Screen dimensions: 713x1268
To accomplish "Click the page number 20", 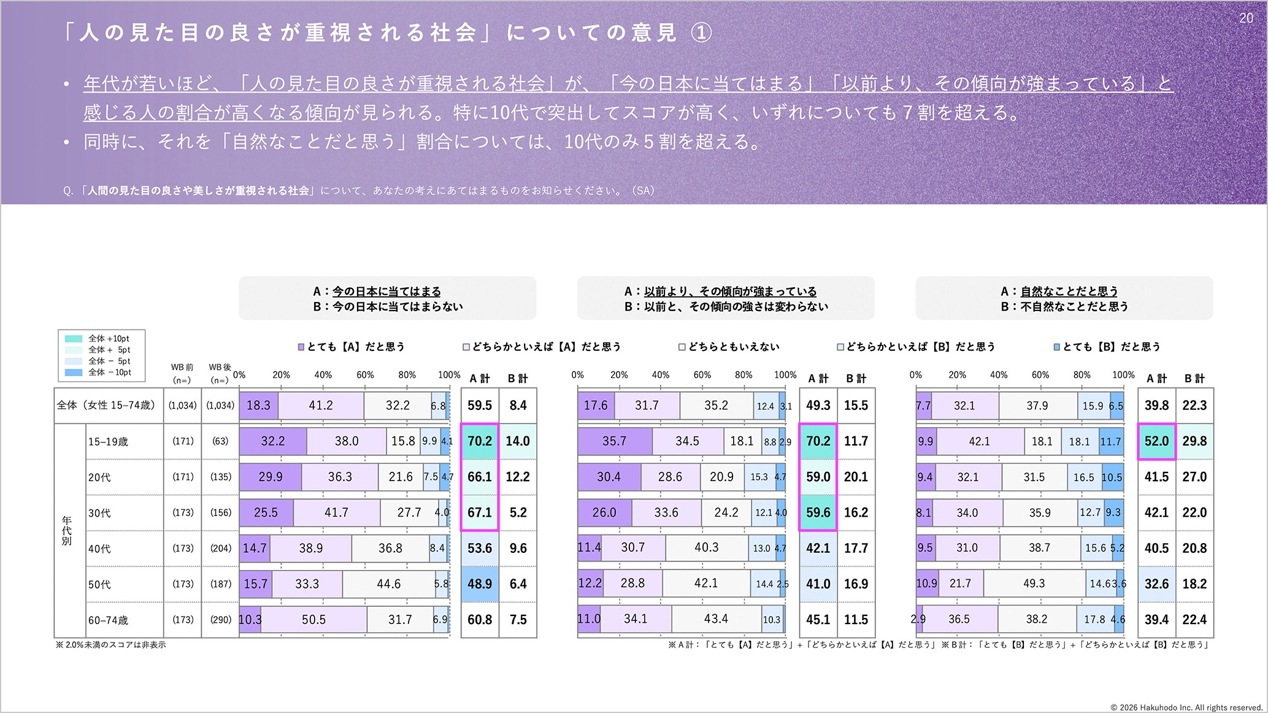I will point(1246,18).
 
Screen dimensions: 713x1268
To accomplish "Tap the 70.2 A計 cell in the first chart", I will point(480,441).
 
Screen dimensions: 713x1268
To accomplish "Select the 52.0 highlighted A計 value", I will point(1156,441).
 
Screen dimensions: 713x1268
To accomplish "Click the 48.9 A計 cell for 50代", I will point(480,584).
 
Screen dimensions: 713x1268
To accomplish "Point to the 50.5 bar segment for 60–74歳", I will point(313,620).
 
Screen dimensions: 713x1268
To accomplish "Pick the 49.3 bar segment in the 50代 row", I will point(1034,584).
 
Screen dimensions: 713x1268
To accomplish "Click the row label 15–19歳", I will point(108,442).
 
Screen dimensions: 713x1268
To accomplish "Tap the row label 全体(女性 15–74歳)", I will point(106,406).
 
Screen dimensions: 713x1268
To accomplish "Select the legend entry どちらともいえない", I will point(729,347).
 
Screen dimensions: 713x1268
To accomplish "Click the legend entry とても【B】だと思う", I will point(1107,347).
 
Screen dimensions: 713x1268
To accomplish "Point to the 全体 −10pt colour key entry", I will point(98,372).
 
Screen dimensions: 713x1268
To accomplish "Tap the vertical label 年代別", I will point(66,531).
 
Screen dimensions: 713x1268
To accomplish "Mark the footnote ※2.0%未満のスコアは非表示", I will point(111,645).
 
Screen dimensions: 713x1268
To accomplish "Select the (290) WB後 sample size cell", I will point(220,620).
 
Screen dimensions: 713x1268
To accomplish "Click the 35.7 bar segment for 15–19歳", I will point(614,441).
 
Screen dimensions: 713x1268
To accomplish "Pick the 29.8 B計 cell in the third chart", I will point(1194,441).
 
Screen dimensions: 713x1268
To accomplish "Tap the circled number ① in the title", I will point(701,33).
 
